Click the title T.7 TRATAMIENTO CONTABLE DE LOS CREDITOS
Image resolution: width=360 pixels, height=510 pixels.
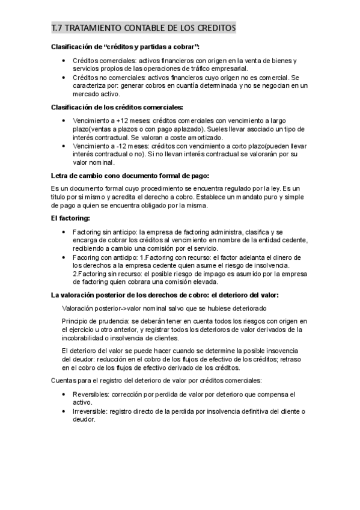(x=144, y=28)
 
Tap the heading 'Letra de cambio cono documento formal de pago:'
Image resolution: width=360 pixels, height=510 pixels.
(x=130, y=176)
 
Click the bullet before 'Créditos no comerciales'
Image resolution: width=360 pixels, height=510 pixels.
(x=64, y=78)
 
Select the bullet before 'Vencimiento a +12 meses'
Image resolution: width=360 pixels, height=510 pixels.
(x=64, y=121)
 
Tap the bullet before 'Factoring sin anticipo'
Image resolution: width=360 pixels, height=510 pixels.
(x=64, y=232)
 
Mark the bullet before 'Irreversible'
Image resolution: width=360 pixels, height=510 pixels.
(x=64, y=411)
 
